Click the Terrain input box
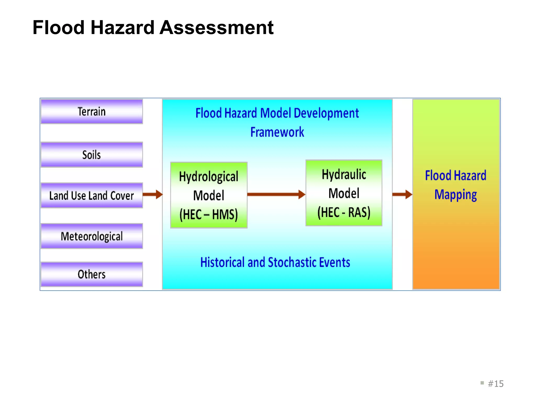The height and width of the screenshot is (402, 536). click(92, 111)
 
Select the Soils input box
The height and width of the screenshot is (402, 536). click(92, 155)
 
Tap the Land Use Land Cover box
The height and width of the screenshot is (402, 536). click(92, 196)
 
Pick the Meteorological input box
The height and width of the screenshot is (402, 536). click(92, 236)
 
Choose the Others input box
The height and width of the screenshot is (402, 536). click(92, 274)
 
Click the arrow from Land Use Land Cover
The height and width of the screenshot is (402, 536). click(153, 194)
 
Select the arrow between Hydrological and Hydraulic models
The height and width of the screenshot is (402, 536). click(276, 194)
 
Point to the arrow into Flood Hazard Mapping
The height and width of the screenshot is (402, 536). click(402, 194)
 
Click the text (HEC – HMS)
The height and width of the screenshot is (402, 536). click(209, 215)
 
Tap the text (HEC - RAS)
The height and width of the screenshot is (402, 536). click(344, 212)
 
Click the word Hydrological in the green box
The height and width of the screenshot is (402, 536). click(209, 177)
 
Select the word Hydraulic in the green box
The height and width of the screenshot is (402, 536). click(344, 175)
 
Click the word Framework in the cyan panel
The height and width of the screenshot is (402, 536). click(277, 132)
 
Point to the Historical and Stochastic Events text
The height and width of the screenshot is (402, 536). click(275, 262)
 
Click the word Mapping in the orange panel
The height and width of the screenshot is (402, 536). click(456, 195)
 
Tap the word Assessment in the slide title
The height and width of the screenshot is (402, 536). click(216, 27)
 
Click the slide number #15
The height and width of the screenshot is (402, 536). click(496, 384)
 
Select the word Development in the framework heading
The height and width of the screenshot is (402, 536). click(326, 113)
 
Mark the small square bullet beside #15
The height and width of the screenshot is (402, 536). click(482, 383)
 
